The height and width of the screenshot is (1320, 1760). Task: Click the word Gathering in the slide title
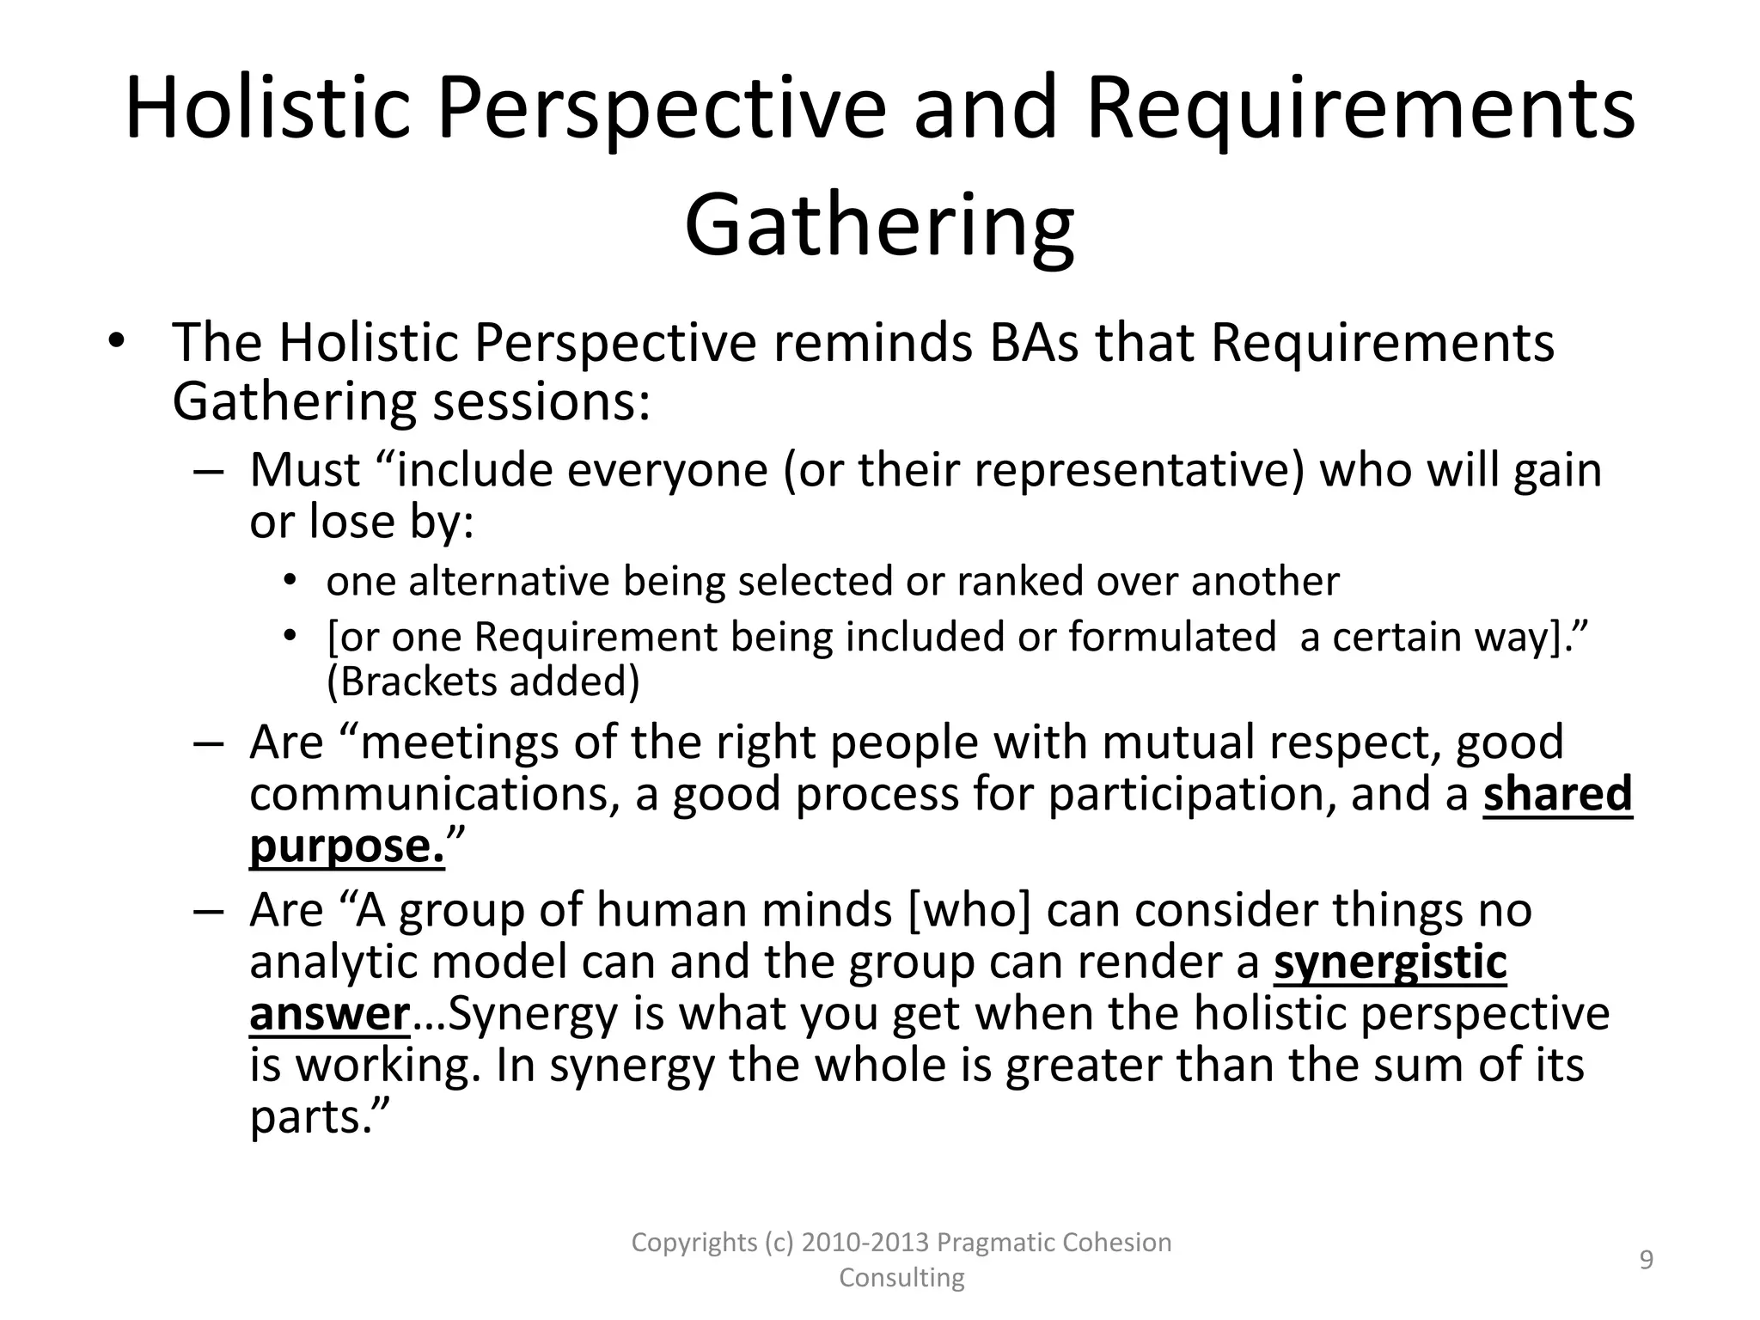coord(879,226)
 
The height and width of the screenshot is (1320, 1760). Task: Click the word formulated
coord(1172,637)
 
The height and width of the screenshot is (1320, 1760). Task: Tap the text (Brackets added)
coord(483,681)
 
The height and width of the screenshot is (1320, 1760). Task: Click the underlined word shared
coord(1557,794)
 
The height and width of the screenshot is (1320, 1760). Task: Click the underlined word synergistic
coord(1390,962)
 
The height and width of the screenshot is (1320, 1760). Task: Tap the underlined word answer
coord(329,1014)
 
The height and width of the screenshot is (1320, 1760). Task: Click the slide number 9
coord(1647,1260)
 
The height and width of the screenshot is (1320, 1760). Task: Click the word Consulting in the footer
coord(901,1278)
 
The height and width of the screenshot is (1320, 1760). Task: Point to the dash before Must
coord(208,472)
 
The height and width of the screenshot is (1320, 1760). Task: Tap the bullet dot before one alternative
coord(291,580)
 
